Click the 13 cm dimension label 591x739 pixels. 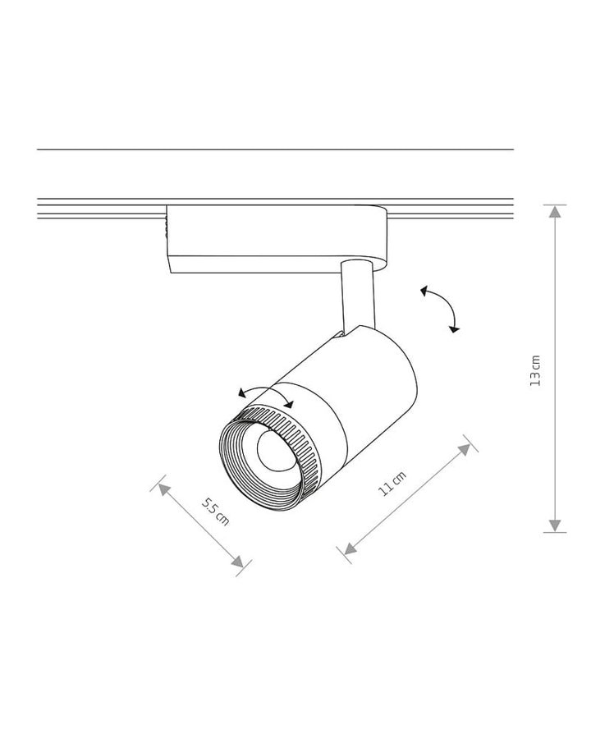click(535, 370)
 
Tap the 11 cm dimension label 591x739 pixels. click(392, 484)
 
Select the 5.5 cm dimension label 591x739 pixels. click(215, 512)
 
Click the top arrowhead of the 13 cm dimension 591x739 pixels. click(555, 212)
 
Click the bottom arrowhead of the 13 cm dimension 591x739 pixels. click(555, 526)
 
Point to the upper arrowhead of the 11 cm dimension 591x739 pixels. click(465, 449)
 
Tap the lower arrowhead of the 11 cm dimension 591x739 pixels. click(350, 549)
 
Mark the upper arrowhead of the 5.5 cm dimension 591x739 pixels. click(163, 489)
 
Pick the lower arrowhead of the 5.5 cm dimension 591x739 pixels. click(238, 561)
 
